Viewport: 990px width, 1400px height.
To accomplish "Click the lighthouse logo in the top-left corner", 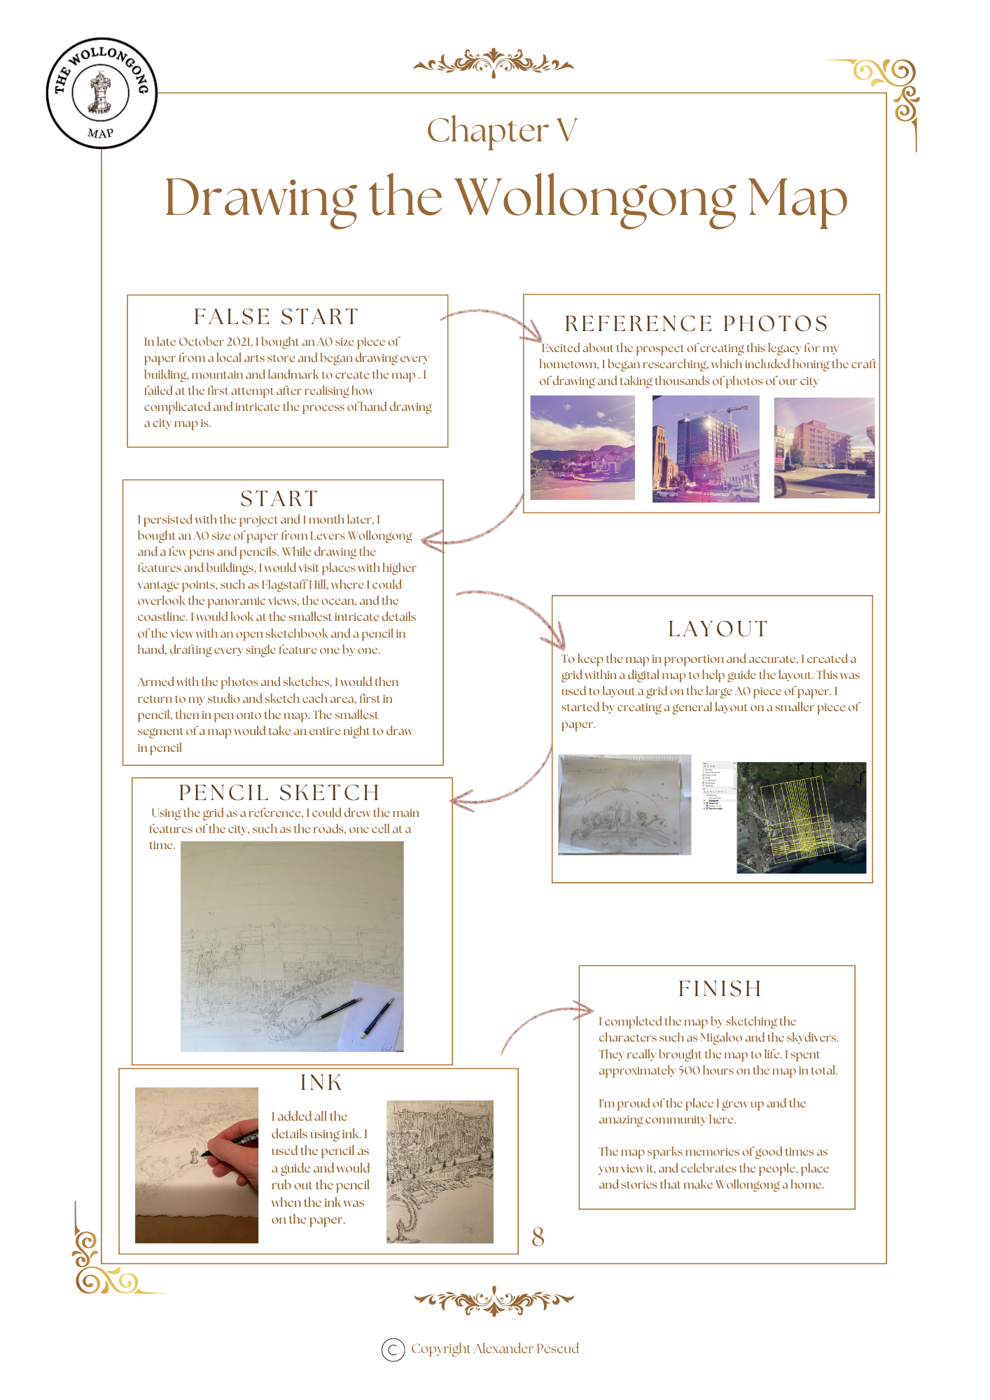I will tap(102, 92).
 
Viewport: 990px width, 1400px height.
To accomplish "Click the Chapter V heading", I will tap(502, 131).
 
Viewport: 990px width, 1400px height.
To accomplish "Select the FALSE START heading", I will tap(277, 317).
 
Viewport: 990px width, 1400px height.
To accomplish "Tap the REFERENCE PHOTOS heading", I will tap(697, 323).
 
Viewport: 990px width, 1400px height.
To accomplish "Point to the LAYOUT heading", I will tap(718, 629).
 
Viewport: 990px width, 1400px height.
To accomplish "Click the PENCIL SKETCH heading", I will tap(279, 792).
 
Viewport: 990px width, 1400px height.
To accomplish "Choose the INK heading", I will tap(321, 1083).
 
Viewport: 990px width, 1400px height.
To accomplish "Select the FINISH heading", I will tap(720, 988).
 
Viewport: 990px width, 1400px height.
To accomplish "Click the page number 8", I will tap(538, 1237).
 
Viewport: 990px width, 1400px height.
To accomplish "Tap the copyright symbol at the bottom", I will tap(393, 1349).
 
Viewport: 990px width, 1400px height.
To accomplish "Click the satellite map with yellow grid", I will tap(801, 818).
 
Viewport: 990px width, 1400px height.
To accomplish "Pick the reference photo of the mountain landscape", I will tap(583, 447).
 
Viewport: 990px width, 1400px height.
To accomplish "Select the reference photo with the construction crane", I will tap(706, 448).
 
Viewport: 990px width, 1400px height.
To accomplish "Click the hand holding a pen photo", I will tap(197, 1165).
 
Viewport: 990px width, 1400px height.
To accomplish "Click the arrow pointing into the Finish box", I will tap(546, 1022).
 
